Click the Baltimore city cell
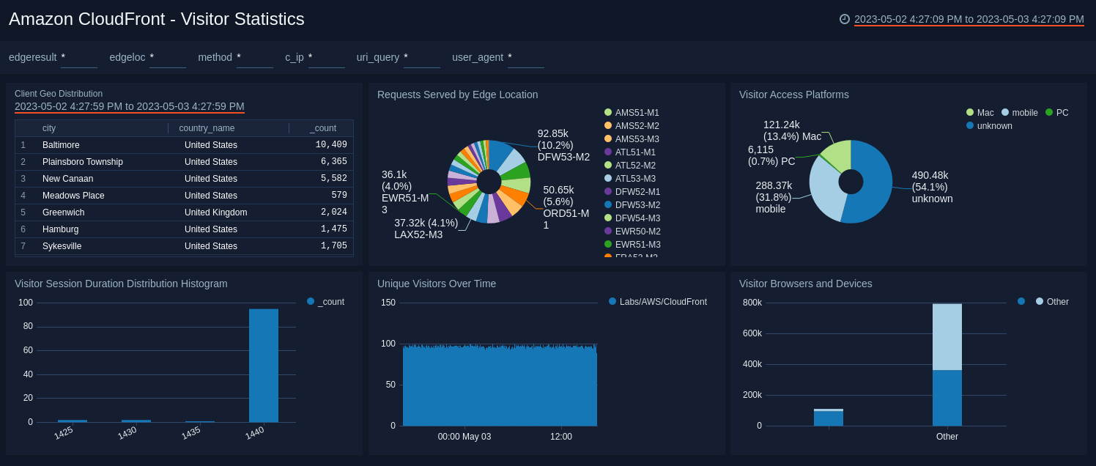[61, 145]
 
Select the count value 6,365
[333, 162]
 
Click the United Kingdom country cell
[215, 212]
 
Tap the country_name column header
[207, 128]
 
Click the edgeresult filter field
[78, 57]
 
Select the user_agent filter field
[525, 57]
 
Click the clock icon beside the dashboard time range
[845, 19]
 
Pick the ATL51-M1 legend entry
[634, 152]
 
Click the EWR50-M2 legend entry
[637, 232]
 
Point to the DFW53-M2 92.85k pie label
[563, 145]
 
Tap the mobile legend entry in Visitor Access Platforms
[1024, 113]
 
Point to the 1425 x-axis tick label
[64, 433]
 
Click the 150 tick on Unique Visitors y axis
[388, 303]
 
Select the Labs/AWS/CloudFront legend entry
[662, 302]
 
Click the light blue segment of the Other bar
[947, 337]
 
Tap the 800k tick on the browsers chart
[752, 303]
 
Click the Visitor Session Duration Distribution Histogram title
[121, 284]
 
